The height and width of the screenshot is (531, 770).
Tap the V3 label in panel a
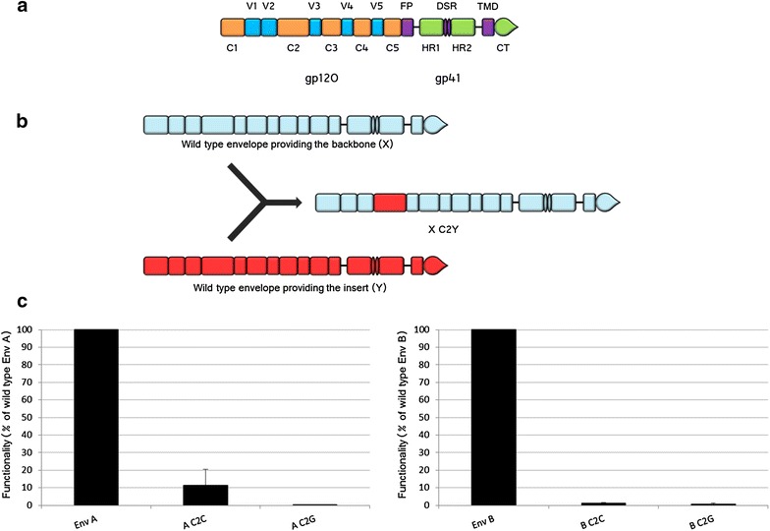coord(314,8)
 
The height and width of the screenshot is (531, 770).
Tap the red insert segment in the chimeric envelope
coord(390,203)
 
